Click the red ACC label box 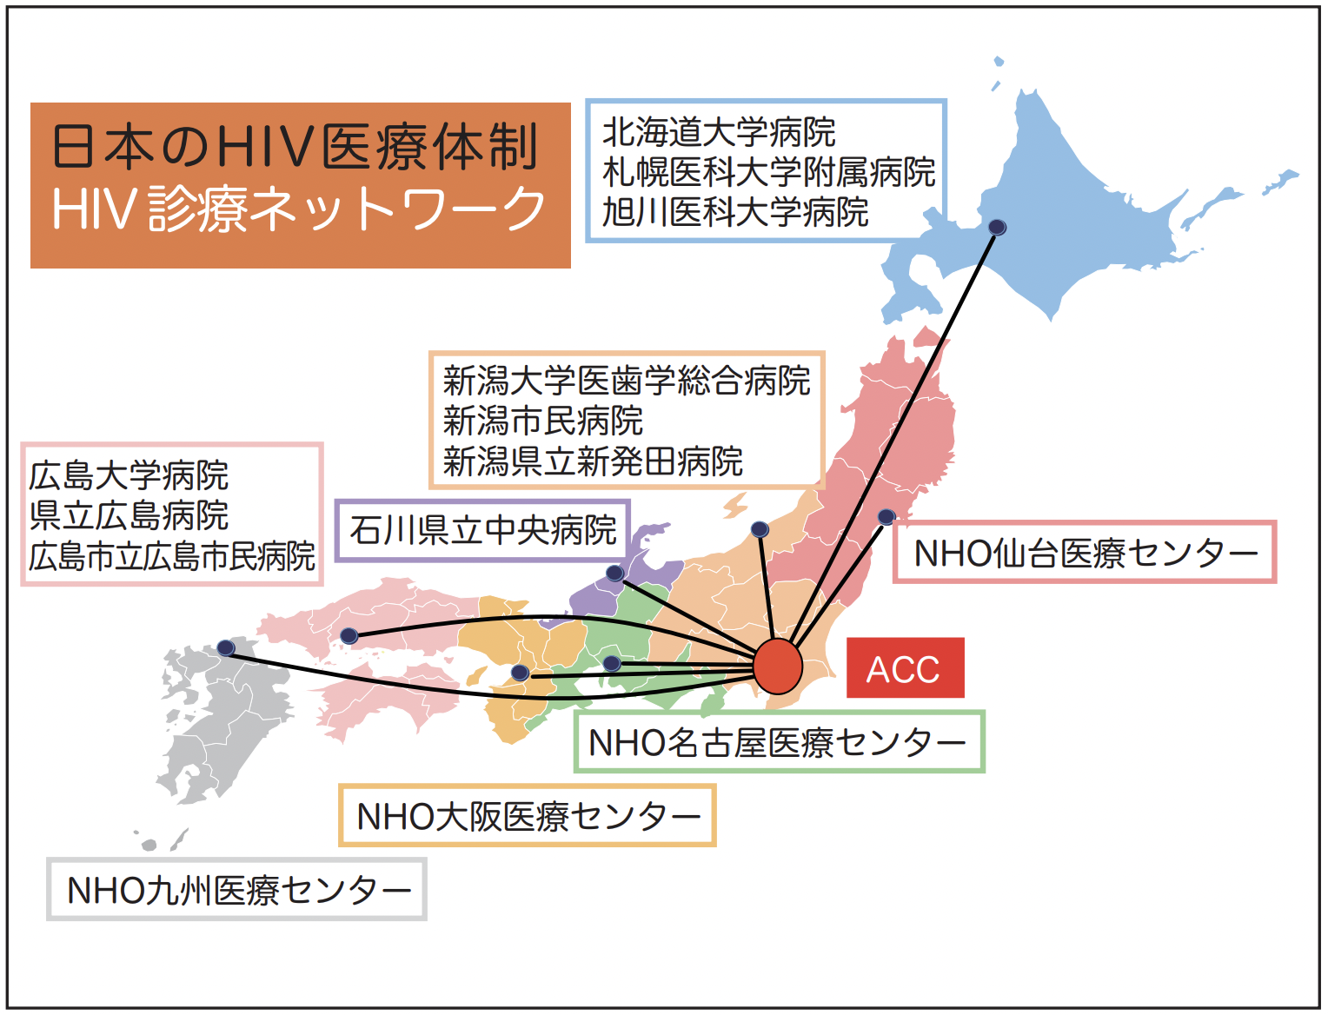(x=905, y=667)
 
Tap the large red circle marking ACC (x=778, y=666)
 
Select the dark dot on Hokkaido (x=997, y=228)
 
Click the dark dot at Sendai (x=886, y=516)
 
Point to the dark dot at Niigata (x=760, y=529)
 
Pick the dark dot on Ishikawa (x=614, y=573)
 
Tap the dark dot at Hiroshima (x=349, y=636)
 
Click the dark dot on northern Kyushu (x=226, y=647)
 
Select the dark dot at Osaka (x=521, y=673)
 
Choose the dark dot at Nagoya (x=612, y=664)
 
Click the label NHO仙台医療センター (x=1085, y=553)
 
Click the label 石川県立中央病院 (x=482, y=530)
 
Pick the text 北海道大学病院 (x=719, y=132)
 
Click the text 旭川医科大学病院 (x=735, y=212)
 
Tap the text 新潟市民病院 (x=542, y=421)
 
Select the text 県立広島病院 (x=129, y=515)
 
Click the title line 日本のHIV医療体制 (x=295, y=147)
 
